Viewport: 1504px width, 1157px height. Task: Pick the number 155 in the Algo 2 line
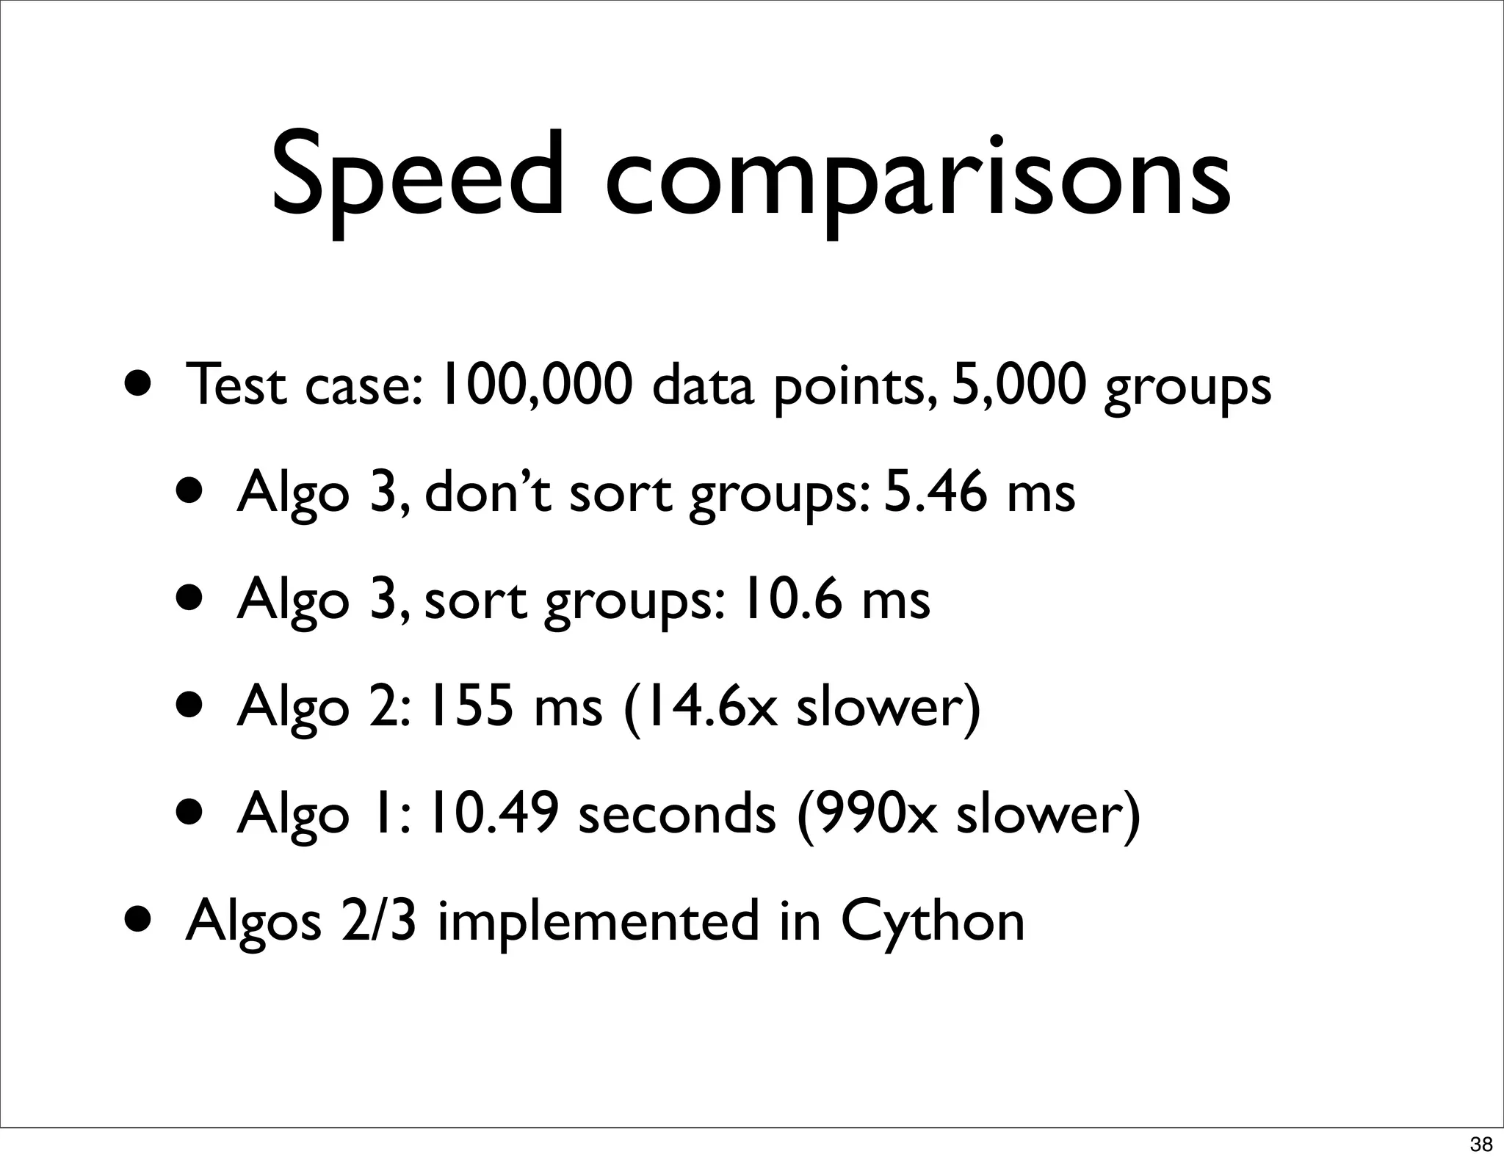(471, 706)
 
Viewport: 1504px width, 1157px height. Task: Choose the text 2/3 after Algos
(378, 922)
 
